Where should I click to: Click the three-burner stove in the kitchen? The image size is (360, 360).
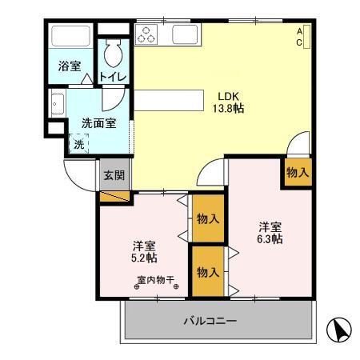147,34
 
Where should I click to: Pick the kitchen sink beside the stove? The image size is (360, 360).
186,34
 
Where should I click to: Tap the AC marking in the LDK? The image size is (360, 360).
300,37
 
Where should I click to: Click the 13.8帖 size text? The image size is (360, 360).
227,108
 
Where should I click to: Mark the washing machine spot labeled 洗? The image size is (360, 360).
78,144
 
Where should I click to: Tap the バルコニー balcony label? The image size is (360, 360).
210,322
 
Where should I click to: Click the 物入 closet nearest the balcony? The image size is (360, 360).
207,272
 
